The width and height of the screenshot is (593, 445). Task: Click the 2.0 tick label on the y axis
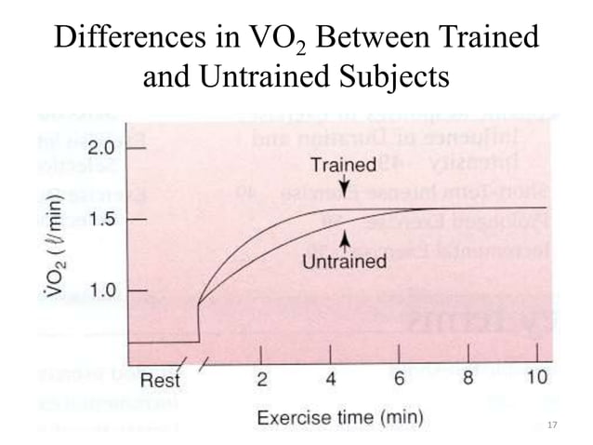coord(101,148)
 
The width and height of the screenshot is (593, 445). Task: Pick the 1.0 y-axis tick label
coord(101,290)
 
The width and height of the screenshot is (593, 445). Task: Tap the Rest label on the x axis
coord(160,381)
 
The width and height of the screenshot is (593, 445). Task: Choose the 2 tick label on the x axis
coord(262,380)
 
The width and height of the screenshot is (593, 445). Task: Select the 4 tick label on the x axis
coord(332,380)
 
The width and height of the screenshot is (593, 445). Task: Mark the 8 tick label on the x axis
coord(469,380)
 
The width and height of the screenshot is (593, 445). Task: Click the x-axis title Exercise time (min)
coord(340,416)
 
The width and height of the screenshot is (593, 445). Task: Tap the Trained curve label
coord(344,166)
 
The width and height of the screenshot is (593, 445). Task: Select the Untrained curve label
coord(344,262)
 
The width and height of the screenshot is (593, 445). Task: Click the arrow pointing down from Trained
coord(344,189)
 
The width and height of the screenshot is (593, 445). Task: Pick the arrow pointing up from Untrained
coord(344,238)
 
